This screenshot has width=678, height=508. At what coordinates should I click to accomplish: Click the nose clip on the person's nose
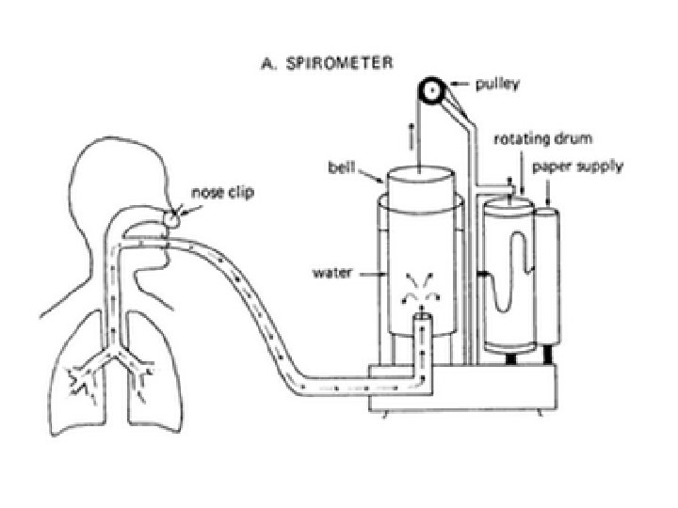coord(171,217)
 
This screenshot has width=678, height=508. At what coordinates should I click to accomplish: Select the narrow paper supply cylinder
coord(549,278)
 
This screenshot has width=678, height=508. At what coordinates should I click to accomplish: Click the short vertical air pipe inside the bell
coord(422,339)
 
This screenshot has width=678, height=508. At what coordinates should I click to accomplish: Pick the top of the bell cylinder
coord(417,175)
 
